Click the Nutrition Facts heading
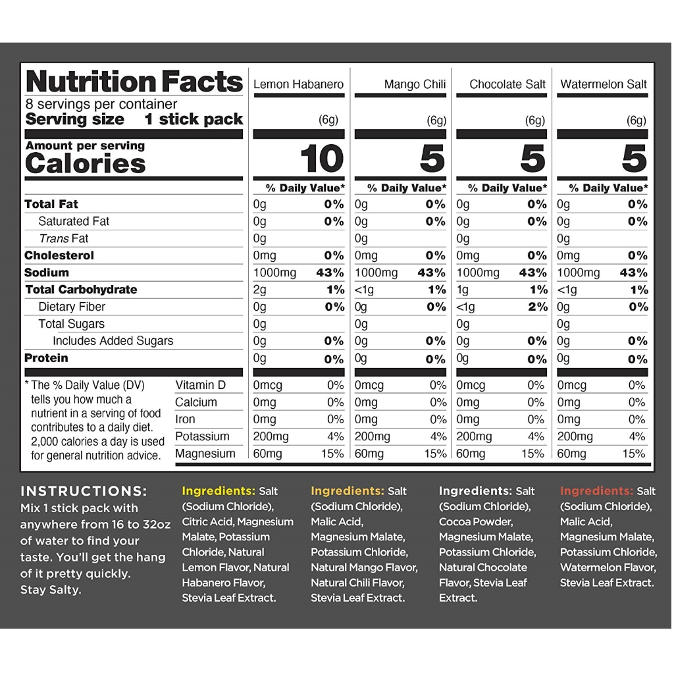[x=134, y=82]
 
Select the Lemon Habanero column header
[x=298, y=84]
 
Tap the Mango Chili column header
[x=415, y=84]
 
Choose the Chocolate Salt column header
[x=507, y=84]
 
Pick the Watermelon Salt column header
[x=604, y=84]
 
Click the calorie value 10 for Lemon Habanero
[x=322, y=159]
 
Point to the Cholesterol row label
[x=59, y=255]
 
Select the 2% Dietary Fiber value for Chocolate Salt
[x=537, y=307]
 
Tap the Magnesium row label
[x=205, y=454]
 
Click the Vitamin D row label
[x=200, y=385]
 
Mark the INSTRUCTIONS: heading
[x=84, y=491]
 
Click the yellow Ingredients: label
[x=219, y=491]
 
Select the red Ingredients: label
[x=596, y=491]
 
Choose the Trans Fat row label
[x=63, y=238]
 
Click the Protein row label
[x=46, y=358]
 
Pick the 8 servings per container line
[x=101, y=105]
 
